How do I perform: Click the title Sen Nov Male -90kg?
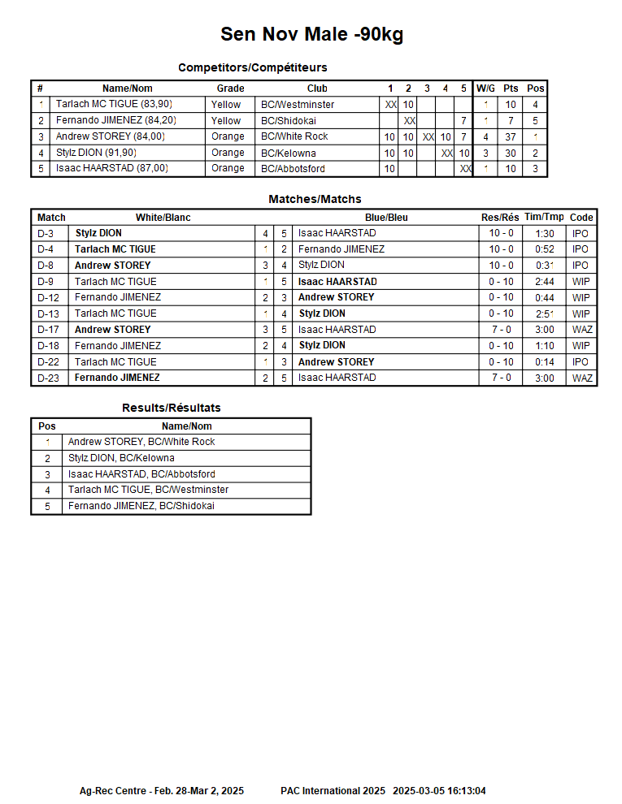click(x=311, y=34)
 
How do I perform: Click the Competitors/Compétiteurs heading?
click(x=252, y=67)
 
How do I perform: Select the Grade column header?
click(x=230, y=88)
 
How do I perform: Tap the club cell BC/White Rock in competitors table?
click(x=294, y=136)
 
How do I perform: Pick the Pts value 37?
click(x=511, y=136)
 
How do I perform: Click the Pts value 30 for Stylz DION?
click(x=511, y=153)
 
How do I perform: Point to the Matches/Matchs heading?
click(x=315, y=199)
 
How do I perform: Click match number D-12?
click(x=48, y=297)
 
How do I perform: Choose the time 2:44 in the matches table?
click(x=544, y=282)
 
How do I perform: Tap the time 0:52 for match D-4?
click(x=544, y=249)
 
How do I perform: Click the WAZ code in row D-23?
click(x=582, y=378)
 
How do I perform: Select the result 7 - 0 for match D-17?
click(x=500, y=330)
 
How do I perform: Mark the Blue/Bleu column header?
click(x=386, y=218)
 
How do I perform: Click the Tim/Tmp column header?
click(x=544, y=218)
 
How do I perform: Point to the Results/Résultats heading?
click(x=171, y=408)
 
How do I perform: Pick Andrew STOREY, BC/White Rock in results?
click(x=141, y=442)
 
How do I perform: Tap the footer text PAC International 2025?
click(x=333, y=790)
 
